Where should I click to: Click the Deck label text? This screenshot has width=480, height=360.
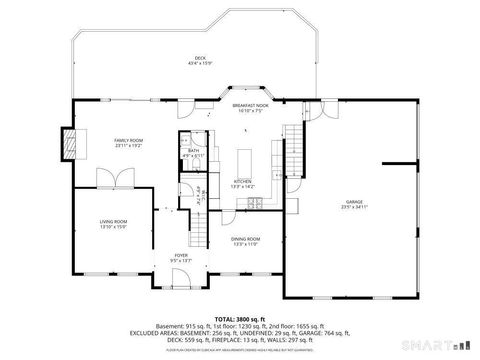click(199, 57)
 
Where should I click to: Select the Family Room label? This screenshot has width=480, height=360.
click(128, 140)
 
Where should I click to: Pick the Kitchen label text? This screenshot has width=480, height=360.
click(243, 181)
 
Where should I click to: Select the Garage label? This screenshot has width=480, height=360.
click(355, 201)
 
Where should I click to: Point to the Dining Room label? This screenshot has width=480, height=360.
click(246, 238)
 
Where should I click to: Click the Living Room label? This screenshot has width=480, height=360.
click(112, 221)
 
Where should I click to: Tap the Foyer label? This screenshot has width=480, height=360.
click(181, 256)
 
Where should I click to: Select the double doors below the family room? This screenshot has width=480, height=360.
click(111, 177)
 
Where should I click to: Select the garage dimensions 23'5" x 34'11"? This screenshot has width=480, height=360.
click(355, 207)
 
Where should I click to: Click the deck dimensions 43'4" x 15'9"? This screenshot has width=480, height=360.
click(199, 63)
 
